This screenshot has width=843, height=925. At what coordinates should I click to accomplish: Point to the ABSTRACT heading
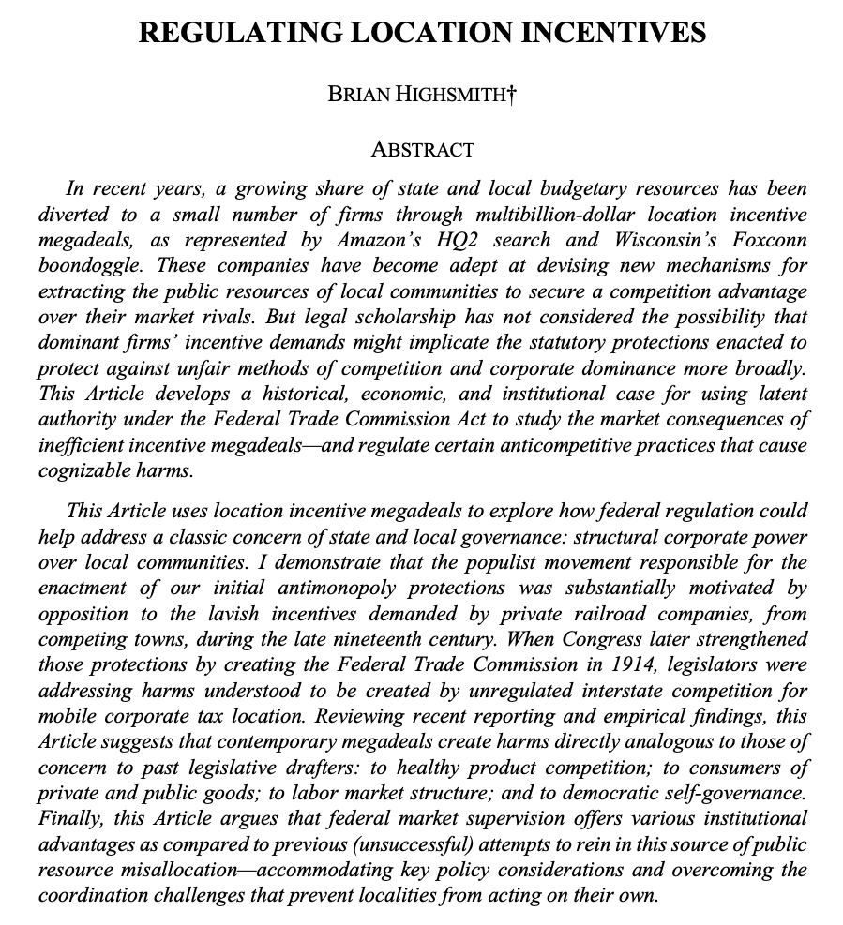pyautogui.click(x=422, y=149)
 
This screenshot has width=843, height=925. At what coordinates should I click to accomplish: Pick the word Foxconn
pyautogui.click(x=763, y=239)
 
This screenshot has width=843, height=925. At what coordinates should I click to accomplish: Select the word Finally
pyautogui.click(x=72, y=817)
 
